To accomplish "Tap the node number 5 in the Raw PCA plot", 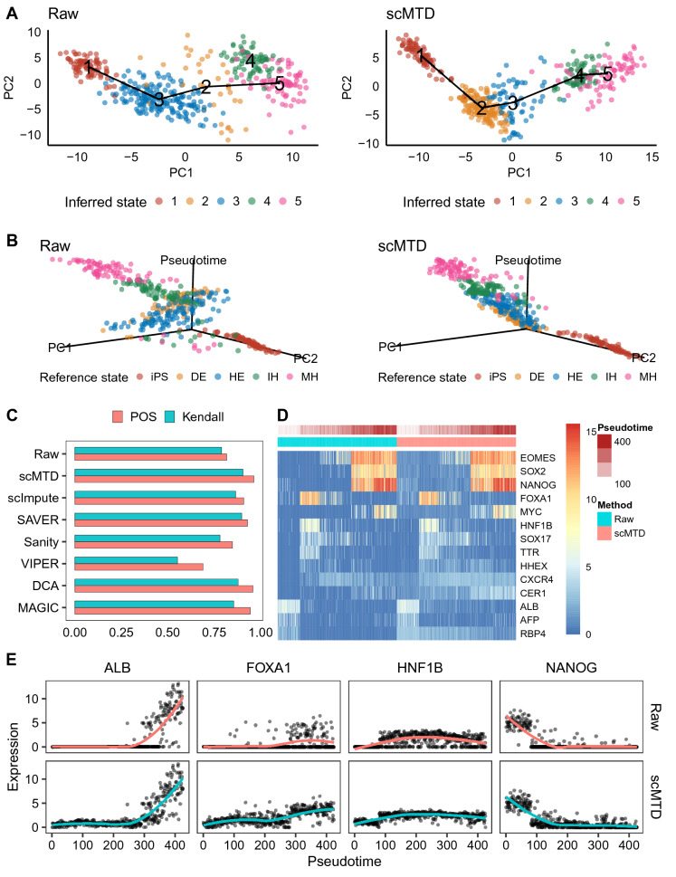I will point(280,84).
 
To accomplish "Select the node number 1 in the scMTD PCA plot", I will point(422,58).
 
